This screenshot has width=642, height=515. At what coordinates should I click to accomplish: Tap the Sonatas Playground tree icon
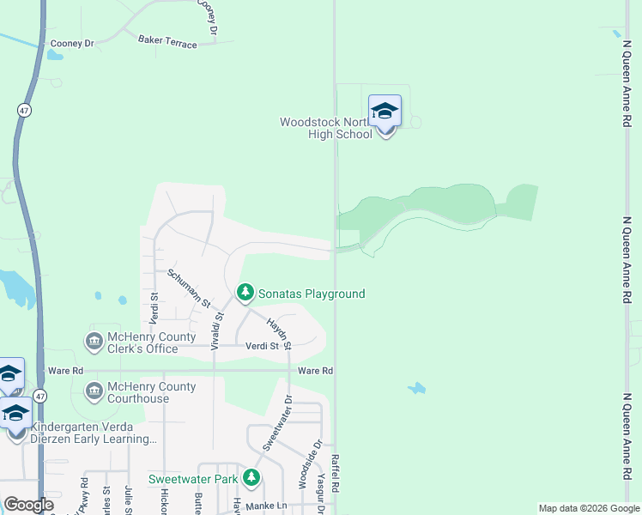pos(245,294)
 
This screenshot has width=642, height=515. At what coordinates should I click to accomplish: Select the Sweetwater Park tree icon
pos(251,478)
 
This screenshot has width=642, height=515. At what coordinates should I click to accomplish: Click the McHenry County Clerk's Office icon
pos(94,342)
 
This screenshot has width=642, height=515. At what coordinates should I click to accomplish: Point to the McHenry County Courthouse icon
pos(94,392)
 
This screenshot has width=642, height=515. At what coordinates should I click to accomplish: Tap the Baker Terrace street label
pos(167,40)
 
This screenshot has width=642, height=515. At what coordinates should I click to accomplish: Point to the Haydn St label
pos(279,333)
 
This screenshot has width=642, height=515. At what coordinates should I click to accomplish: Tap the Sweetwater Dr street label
pos(276,423)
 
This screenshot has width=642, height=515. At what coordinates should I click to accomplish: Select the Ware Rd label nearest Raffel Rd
pos(315,371)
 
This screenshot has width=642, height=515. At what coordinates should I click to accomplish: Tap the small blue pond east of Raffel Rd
pos(416,389)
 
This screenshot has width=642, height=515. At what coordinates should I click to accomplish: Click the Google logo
pos(27,505)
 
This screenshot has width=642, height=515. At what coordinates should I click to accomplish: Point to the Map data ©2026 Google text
pos(588,508)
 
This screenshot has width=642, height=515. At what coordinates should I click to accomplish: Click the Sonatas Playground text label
pos(312,294)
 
